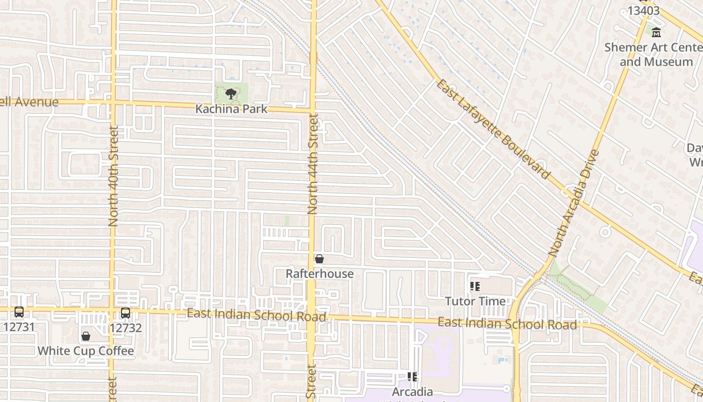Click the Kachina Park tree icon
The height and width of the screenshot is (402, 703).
(x=231, y=93)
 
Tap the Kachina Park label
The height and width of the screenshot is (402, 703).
(x=231, y=109)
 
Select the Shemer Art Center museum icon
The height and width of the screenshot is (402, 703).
(x=656, y=33)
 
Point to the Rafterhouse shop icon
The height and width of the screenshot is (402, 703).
(x=319, y=259)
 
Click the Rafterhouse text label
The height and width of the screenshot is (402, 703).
(x=319, y=274)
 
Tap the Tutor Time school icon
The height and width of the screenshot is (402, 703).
(x=475, y=287)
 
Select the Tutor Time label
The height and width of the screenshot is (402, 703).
(x=475, y=301)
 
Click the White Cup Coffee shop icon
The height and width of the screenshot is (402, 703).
(x=86, y=336)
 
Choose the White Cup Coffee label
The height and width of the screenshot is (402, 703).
(x=86, y=351)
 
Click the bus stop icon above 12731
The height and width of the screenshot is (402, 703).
(x=19, y=312)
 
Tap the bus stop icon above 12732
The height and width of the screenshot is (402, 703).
(x=126, y=313)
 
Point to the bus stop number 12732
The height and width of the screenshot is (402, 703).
(x=126, y=328)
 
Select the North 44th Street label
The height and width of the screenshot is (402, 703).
(x=313, y=165)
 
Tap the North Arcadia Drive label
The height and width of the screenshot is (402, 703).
(x=574, y=203)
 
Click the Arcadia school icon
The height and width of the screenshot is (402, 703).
(x=412, y=377)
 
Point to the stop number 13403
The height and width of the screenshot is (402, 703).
(x=643, y=10)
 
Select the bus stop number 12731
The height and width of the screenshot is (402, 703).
(x=19, y=327)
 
